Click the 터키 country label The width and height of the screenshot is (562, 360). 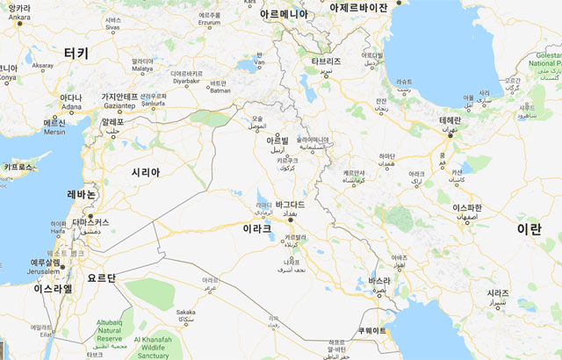coord(76,53)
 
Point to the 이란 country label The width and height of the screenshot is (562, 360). coord(529,228)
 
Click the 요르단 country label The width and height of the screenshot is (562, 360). coord(101,277)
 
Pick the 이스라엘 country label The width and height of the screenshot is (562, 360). coord(53,288)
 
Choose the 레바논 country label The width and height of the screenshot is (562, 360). coord(82,194)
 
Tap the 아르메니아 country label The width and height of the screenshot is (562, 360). coord(284,14)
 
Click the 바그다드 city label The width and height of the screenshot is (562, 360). coord(290,205)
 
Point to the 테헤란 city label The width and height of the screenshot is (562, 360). coord(450,119)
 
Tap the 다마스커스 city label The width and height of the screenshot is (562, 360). coord(91,222)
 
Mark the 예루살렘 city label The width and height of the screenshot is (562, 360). coord(46,263)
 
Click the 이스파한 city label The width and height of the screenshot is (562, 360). coord(467,207)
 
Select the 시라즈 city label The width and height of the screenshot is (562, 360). coord(498,293)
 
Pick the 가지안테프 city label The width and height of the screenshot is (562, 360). coord(119,97)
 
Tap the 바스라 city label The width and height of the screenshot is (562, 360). coord(378,280)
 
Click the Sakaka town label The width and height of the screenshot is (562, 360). coord(185,312)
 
